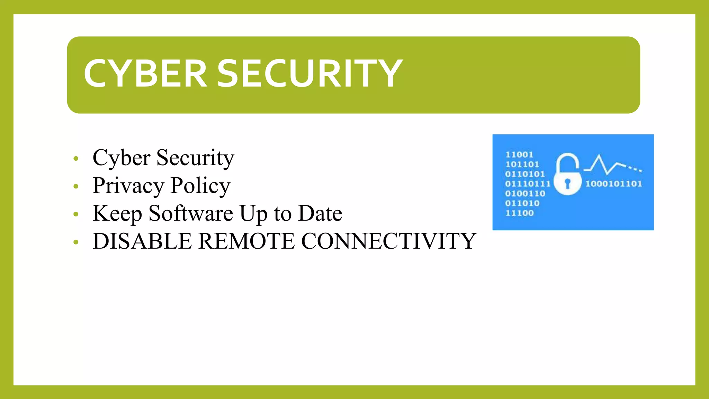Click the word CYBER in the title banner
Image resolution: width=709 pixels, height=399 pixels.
click(145, 73)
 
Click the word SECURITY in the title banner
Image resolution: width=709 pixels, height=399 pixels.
click(310, 73)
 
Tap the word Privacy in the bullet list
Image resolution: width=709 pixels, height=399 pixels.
click(128, 186)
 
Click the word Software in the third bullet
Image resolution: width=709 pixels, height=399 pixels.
click(191, 213)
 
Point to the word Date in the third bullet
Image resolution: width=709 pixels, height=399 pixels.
click(320, 213)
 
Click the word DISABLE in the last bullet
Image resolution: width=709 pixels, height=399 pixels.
click(142, 241)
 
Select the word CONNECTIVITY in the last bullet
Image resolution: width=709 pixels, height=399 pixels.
click(389, 241)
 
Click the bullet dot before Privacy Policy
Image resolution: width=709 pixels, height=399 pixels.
click(76, 187)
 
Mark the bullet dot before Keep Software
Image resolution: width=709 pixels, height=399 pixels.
click(76, 214)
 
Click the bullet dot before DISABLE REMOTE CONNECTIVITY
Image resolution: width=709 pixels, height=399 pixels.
click(76, 242)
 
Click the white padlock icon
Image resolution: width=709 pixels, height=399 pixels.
click(567, 175)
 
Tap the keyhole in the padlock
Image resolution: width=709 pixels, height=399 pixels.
click(567, 183)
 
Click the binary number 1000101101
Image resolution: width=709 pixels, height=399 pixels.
click(613, 184)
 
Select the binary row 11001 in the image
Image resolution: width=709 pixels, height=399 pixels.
click(519, 155)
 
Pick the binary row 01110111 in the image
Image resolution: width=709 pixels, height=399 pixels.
click(528, 184)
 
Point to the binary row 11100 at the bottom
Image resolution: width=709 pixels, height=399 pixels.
click(519, 213)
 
